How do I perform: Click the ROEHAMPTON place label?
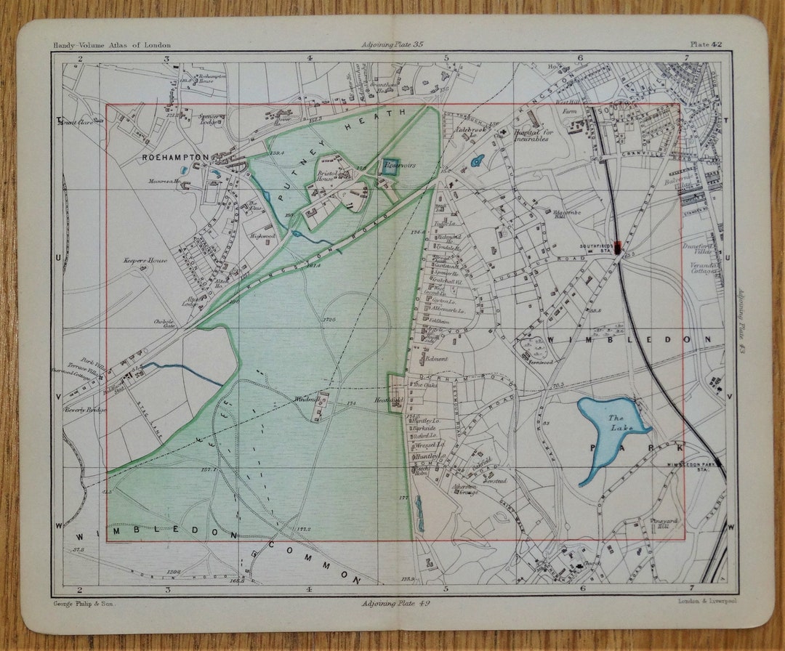(x=175, y=157)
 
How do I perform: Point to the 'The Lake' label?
(x=617, y=423)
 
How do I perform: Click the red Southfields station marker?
(x=618, y=247)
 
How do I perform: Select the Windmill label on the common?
(x=302, y=399)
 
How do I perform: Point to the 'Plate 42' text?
(x=706, y=45)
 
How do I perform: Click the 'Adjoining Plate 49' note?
(x=392, y=603)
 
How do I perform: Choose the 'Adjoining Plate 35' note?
(x=392, y=45)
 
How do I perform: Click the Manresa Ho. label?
(x=164, y=182)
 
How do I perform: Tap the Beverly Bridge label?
(x=85, y=410)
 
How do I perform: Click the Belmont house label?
(x=436, y=359)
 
